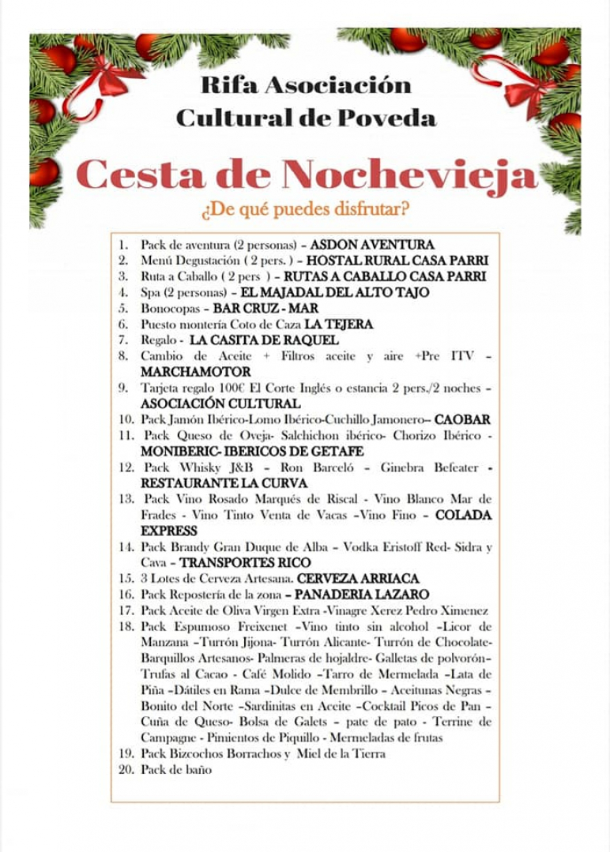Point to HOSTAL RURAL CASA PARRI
(397, 261)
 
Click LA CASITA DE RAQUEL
(265, 340)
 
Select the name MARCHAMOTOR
(195, 371)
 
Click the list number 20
(126, 770)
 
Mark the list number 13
(126, 499)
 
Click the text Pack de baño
(176, 770)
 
